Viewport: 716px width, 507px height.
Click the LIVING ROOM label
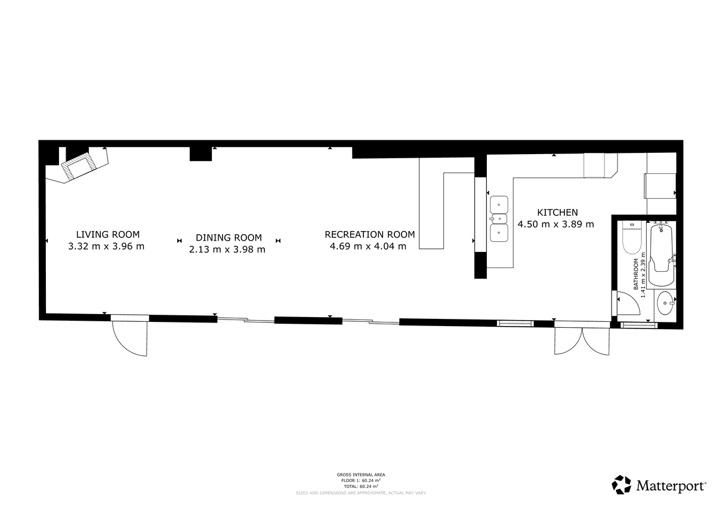click(108, 235)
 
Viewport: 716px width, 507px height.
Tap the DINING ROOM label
click(229, 238)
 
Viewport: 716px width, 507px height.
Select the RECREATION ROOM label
click(369, 235)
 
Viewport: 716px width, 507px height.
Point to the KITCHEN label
click(557, 213)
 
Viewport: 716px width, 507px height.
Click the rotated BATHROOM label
click(636, 274)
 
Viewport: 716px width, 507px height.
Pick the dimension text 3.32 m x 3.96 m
click(106, 246)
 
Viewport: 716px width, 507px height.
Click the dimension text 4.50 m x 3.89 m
click(556, 224)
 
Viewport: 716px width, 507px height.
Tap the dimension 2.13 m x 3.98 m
click(227, 250)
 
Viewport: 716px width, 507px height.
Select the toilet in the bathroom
click(632, 237)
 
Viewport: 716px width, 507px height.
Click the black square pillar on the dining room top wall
click(200, 154)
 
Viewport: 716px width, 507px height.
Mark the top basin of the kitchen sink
click(499, 205)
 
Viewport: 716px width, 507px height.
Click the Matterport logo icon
click(621, 485)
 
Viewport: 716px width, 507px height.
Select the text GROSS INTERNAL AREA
click(361, 475)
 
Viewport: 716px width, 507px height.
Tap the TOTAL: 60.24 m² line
click(361, 486)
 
